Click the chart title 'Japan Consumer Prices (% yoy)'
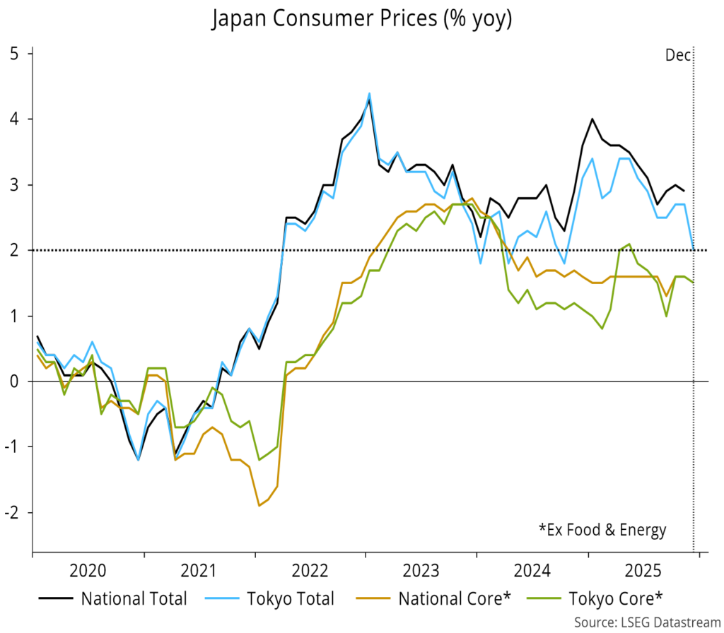click(361, 19)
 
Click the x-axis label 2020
click(88, 570)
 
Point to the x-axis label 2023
click(421, 570)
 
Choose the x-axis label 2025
click(643, 570)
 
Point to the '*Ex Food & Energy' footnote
click(602, 529)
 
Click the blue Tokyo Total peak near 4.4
click(369, 93)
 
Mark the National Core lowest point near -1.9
click(259, 505)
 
